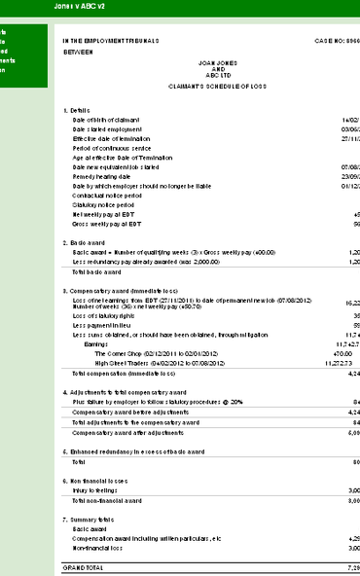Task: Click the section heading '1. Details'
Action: tap(76, 111)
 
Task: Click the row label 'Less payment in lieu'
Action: tap(100, 325)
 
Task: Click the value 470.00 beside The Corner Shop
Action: tap(315, 353)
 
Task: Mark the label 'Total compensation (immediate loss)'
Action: tap(124, 373)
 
